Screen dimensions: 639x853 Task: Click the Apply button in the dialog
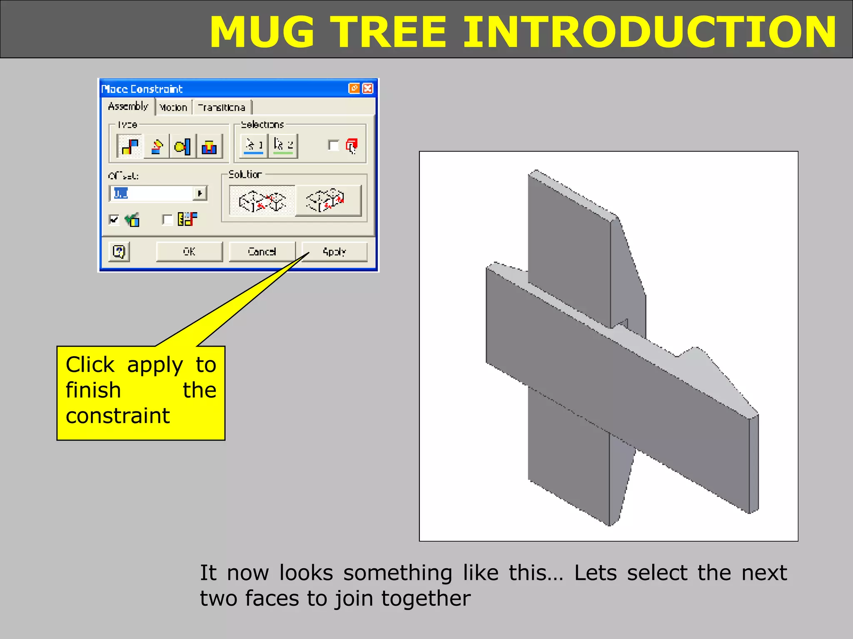[334, 252]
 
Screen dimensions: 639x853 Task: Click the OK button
[189, 252]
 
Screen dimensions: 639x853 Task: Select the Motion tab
[173, 107]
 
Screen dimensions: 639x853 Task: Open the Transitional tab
[222, 107]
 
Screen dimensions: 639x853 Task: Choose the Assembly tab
[128, 106]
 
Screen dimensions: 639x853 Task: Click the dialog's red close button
[368, 88]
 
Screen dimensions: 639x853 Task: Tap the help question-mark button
[119, 252]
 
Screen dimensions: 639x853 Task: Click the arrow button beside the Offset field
[200, 193]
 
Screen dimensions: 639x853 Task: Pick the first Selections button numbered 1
[254, 145]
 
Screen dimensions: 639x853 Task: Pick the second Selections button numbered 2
[283, 145]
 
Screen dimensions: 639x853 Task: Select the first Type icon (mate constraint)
[130, 146]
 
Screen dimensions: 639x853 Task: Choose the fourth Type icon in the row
[209, 146]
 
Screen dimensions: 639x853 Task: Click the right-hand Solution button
[328, 201]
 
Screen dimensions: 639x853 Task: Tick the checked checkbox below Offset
[114, 219]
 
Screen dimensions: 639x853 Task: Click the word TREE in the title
[390, 32]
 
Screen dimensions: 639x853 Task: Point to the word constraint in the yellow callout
[118, 416]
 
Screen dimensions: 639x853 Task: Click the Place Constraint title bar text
[142, 89]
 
